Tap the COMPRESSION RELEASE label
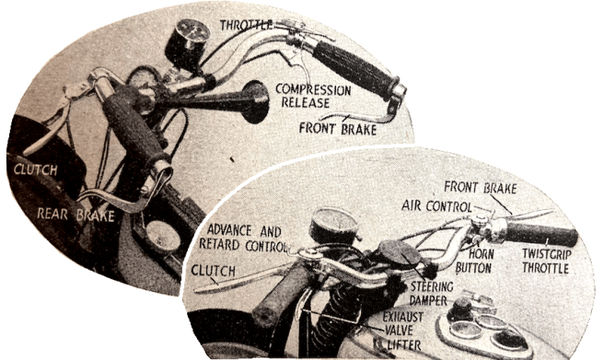click(x=316, y=97)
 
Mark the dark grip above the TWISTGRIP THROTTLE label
click(x=540, y=234)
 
